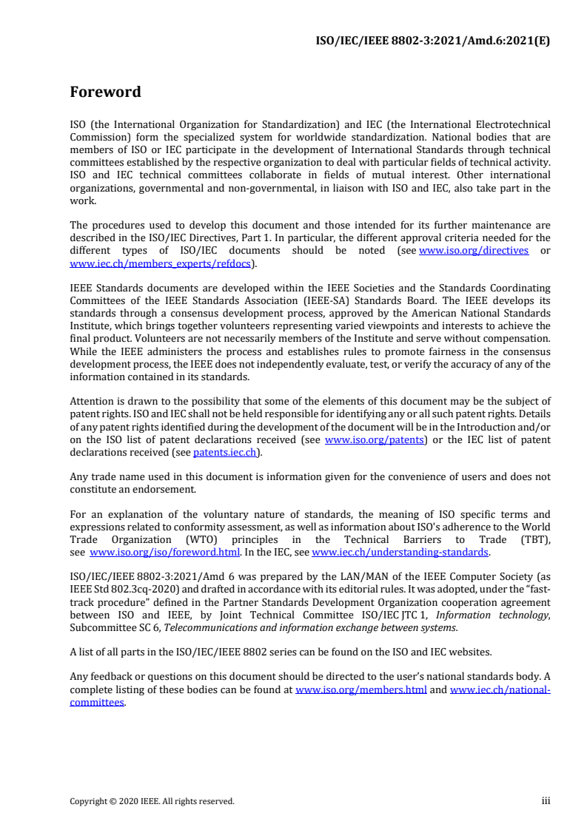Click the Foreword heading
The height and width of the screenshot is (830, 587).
[105, 92]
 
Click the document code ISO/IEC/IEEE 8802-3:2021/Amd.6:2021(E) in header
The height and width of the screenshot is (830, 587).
[433, 41]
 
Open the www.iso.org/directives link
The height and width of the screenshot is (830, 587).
[474, 251]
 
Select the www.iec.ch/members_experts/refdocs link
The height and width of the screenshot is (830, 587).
[160, 263]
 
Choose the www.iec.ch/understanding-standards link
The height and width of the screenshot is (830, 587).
[400, 552]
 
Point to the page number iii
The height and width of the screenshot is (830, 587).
[546, 800]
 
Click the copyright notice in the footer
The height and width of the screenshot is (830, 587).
[152, 801]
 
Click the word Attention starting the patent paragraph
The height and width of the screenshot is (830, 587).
[91, 401]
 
